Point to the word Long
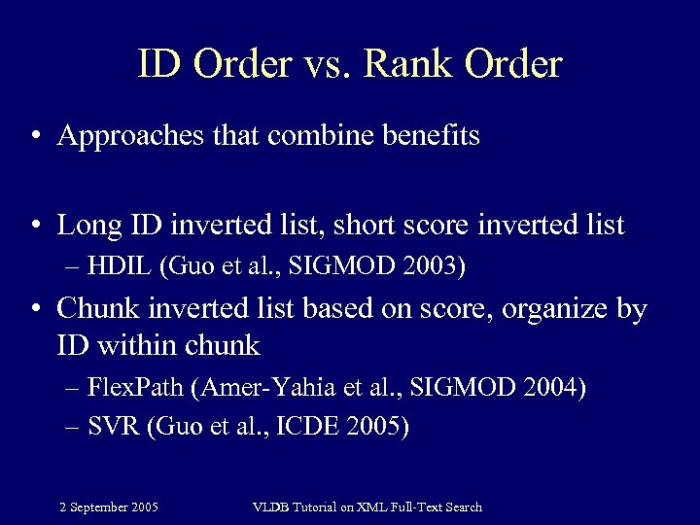(x=85, y=226)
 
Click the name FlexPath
(x=137, y=390)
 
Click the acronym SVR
(x=113, y=427)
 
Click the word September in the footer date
(x=100, y=507)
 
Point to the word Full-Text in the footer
(x=415, y=507)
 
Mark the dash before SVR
(x=76, y=428)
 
